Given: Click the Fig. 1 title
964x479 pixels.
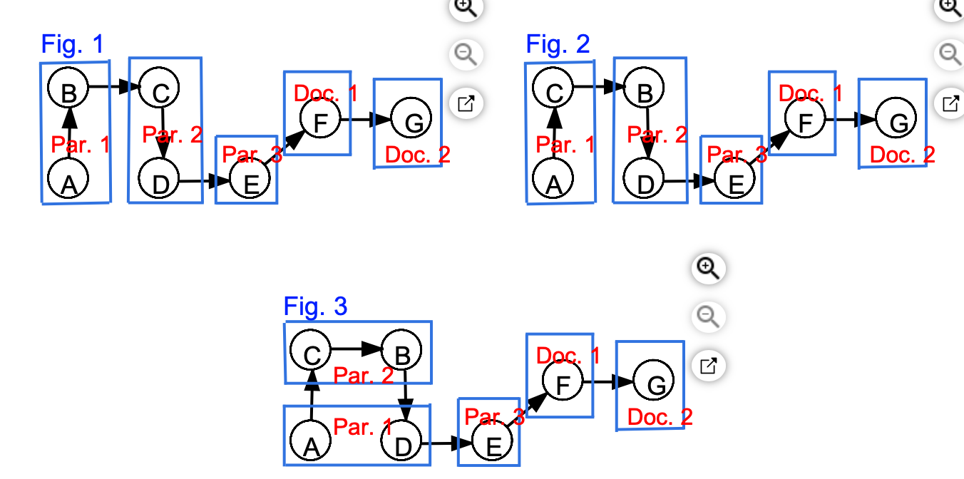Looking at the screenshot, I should click(x=73, y=44).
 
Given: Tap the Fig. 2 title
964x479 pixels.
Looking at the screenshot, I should click(x=558, y=44).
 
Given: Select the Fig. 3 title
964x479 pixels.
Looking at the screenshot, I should click(x=315, y=307).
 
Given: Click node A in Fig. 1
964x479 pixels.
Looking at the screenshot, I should click(x=68, y=179).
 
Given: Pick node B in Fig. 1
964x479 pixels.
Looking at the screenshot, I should click(x=68, y=88).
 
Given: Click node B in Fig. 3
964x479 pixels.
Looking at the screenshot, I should click(x=401, y=351).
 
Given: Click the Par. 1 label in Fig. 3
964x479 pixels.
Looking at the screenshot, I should click(x=362, y=427).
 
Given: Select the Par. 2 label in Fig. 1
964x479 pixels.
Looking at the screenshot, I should click(x=172, y=135).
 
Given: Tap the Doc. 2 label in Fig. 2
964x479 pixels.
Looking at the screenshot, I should click(x=902, y=154).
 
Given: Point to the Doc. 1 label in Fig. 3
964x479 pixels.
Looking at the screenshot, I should click(x=568, y=355).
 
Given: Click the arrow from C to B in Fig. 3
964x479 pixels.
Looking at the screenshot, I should click(x=357, y=349).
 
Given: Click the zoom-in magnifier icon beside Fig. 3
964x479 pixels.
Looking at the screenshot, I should click(x=707, y=268).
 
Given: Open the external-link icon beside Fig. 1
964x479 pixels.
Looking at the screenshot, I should click(x=466, y=104).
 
